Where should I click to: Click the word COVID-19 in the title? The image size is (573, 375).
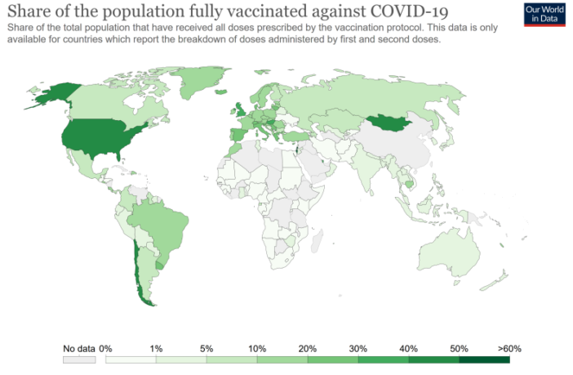[x=404, y=12]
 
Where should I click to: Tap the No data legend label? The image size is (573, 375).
[x=78, y=349]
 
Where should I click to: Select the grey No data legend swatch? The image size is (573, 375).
[x=78, y=359]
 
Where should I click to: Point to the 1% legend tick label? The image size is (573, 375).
[x=156, y=349]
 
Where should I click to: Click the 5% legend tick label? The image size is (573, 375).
[x=207, y=349]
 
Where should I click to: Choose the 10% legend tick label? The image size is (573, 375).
[x=257, y=349]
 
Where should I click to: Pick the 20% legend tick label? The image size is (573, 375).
[x=308, y=349]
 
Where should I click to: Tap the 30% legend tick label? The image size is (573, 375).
[x=358, y=349]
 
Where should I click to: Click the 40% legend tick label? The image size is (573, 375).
[x=409, y=349]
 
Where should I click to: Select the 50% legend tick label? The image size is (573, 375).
[x=460, y=349]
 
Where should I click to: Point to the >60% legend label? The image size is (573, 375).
[x=509, y=349]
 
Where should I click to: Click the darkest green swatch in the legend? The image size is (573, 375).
[x=485, y=359]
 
